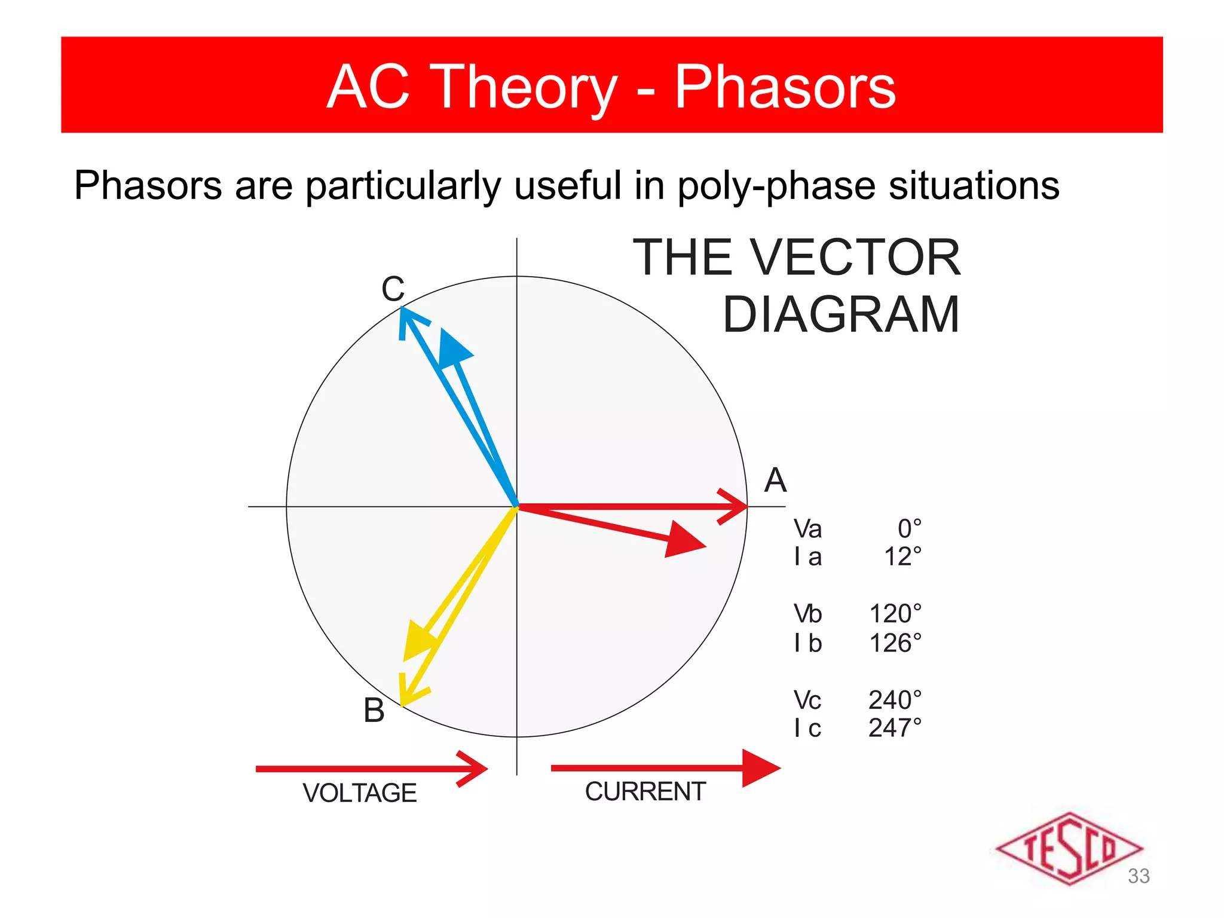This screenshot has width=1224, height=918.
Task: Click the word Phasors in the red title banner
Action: [785, 87]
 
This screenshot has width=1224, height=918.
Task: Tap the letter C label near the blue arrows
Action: [393, 289]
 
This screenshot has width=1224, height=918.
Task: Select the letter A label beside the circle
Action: [775, 480]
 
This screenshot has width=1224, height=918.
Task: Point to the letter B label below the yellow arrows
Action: [374, 711]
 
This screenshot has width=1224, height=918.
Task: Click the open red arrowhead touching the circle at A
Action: [734, 506]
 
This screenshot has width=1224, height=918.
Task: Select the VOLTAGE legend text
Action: [359, 793]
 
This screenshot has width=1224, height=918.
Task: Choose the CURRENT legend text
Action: [645, 791]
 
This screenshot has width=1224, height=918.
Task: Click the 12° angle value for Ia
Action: [902, 557]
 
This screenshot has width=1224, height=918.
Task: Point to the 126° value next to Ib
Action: [895, 644]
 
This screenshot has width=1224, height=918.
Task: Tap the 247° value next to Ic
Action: [895, 728]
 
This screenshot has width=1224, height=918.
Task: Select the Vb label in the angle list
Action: [807, 614]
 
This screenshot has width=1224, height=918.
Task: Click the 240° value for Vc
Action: [895, 700]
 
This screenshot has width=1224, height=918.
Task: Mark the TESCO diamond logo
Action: [1069, 848]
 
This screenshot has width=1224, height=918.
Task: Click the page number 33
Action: [1139, 876]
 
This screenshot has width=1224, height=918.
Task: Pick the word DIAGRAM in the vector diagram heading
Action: [841, 315]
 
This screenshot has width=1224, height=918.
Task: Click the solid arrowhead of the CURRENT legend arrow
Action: [760, 768]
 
